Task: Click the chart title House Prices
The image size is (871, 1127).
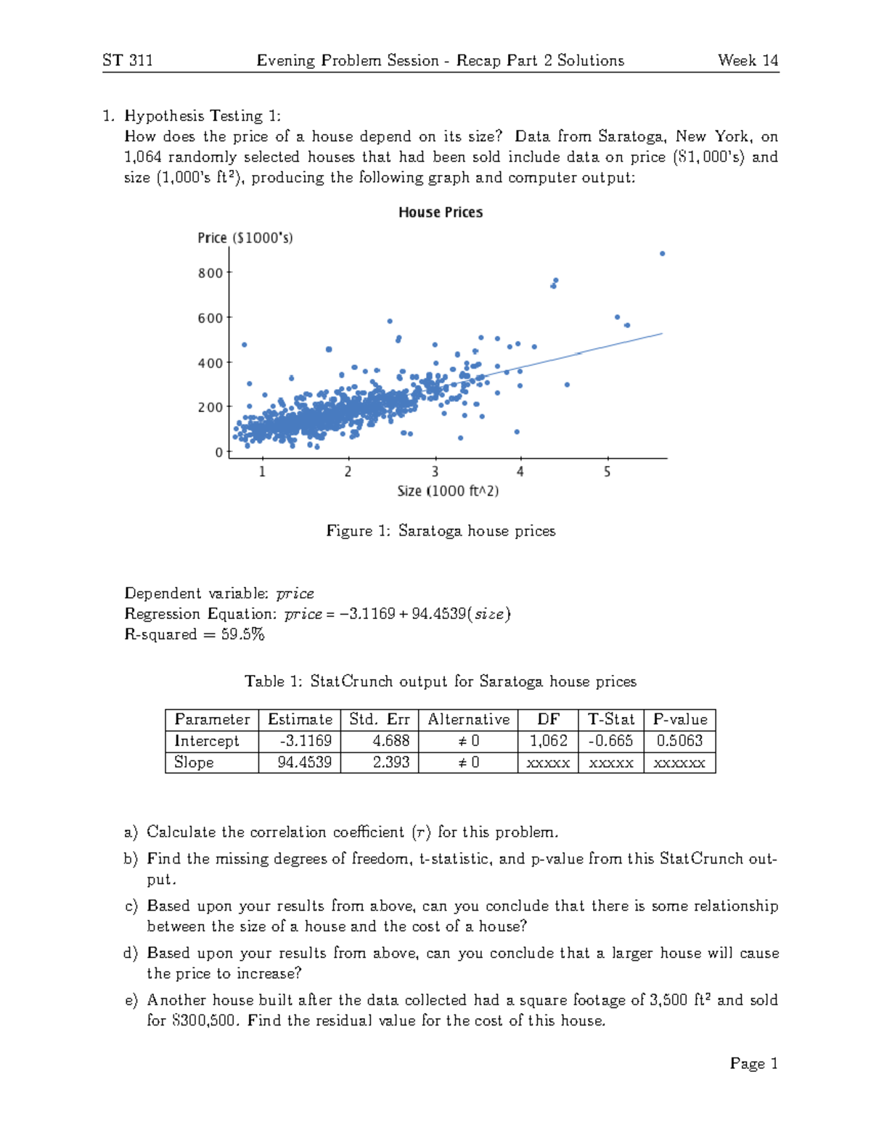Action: coord(440,212)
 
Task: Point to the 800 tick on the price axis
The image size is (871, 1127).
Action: coord(211,273)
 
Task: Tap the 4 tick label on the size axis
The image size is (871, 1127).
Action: coord(520,472)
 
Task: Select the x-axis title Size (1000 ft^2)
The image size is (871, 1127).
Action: coord(448,491)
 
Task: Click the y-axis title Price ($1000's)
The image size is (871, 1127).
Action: coord(245,238)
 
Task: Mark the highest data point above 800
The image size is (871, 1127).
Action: coord(662,253)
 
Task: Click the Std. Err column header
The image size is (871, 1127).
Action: coord(379,719)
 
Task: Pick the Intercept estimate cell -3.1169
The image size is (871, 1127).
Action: coord(306,741)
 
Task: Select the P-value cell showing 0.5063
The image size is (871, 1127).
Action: coord(679,741)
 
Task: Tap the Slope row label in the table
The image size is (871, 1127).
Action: coord(194,763)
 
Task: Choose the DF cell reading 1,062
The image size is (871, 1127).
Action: coord(548,741)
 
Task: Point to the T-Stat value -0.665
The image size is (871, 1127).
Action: coord(610,741)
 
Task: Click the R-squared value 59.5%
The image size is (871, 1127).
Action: coord(243,634)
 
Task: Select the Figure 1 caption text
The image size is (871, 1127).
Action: coord(441,531)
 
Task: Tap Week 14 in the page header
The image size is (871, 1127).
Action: coord(748,60)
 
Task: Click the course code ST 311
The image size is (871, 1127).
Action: coord(128,60)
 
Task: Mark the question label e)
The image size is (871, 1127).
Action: coord(131,1001)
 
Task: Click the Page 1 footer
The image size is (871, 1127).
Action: coord(753,1064)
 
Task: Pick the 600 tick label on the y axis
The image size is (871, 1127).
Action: coord(210,318)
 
